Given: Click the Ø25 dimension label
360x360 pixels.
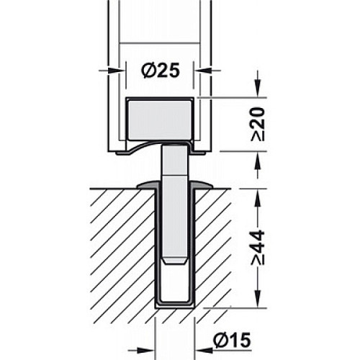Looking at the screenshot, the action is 161,71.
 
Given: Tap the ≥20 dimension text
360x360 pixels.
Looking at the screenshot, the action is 258,124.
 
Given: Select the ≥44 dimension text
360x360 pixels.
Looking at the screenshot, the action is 258,248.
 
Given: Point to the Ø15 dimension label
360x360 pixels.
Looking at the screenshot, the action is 233,339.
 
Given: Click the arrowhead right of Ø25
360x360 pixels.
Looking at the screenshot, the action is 203,71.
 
